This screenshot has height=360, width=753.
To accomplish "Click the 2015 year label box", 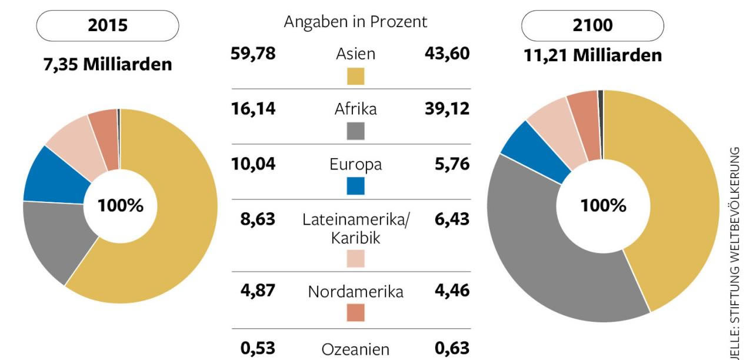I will point(108,26).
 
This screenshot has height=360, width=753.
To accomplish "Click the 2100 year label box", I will point(592,26).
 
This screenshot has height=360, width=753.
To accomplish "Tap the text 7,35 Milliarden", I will point(108,64).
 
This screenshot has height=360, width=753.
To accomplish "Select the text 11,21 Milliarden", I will point(592,55).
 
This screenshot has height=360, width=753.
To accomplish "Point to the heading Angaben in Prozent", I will point(355,22).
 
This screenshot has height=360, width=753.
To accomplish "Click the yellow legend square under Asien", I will point(355,76).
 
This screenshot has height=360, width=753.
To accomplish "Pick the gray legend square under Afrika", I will point(355,131).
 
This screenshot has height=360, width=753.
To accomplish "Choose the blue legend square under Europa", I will point(355,186).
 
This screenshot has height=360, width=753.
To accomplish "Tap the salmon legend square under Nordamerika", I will point(355,312).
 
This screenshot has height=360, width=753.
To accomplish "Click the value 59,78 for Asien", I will point(252,54).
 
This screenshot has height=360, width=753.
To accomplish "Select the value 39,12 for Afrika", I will point(447,109).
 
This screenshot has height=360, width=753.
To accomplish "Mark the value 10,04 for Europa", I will point(252,164).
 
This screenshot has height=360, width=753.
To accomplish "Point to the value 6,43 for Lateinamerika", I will point(452,219).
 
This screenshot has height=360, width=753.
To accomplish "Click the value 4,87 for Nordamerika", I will point(257,291).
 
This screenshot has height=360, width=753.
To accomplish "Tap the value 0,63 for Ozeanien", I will point(452,348).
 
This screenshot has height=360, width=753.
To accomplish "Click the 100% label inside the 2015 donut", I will point(121,206).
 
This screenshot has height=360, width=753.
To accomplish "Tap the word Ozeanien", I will point(355,349).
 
